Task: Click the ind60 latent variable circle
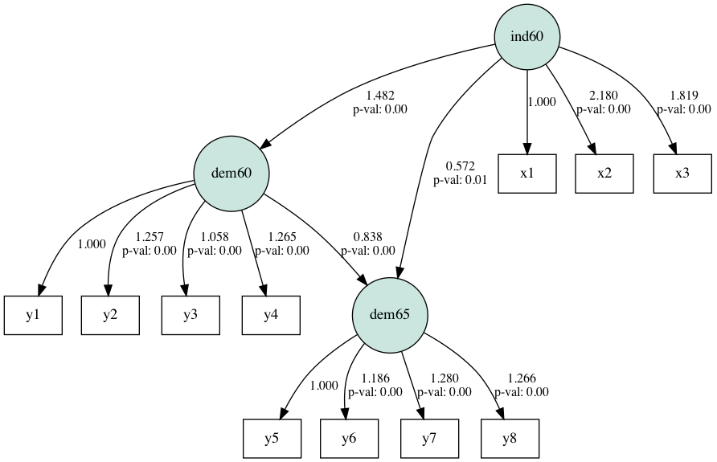click(x=526, y=36)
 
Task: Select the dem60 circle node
click(x=231, y=174)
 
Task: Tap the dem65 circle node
click(x=390, y=315)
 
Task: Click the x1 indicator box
click(x=526, y=174)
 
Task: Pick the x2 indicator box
click(x=604, y=174)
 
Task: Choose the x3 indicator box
click(x=682, y=174)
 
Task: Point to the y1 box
click(x=33, y=315)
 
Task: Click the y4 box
click(x=271, y=315)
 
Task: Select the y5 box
click(x=272, y=439)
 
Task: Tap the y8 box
click(x=510, y=439)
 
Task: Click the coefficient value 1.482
click(x=380, y=96)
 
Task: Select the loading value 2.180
click(x=604, y=96)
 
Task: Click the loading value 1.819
click(x=683, y=96)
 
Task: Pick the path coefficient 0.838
click(x=367, y=237)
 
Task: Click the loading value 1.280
click(x=444, y=378)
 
